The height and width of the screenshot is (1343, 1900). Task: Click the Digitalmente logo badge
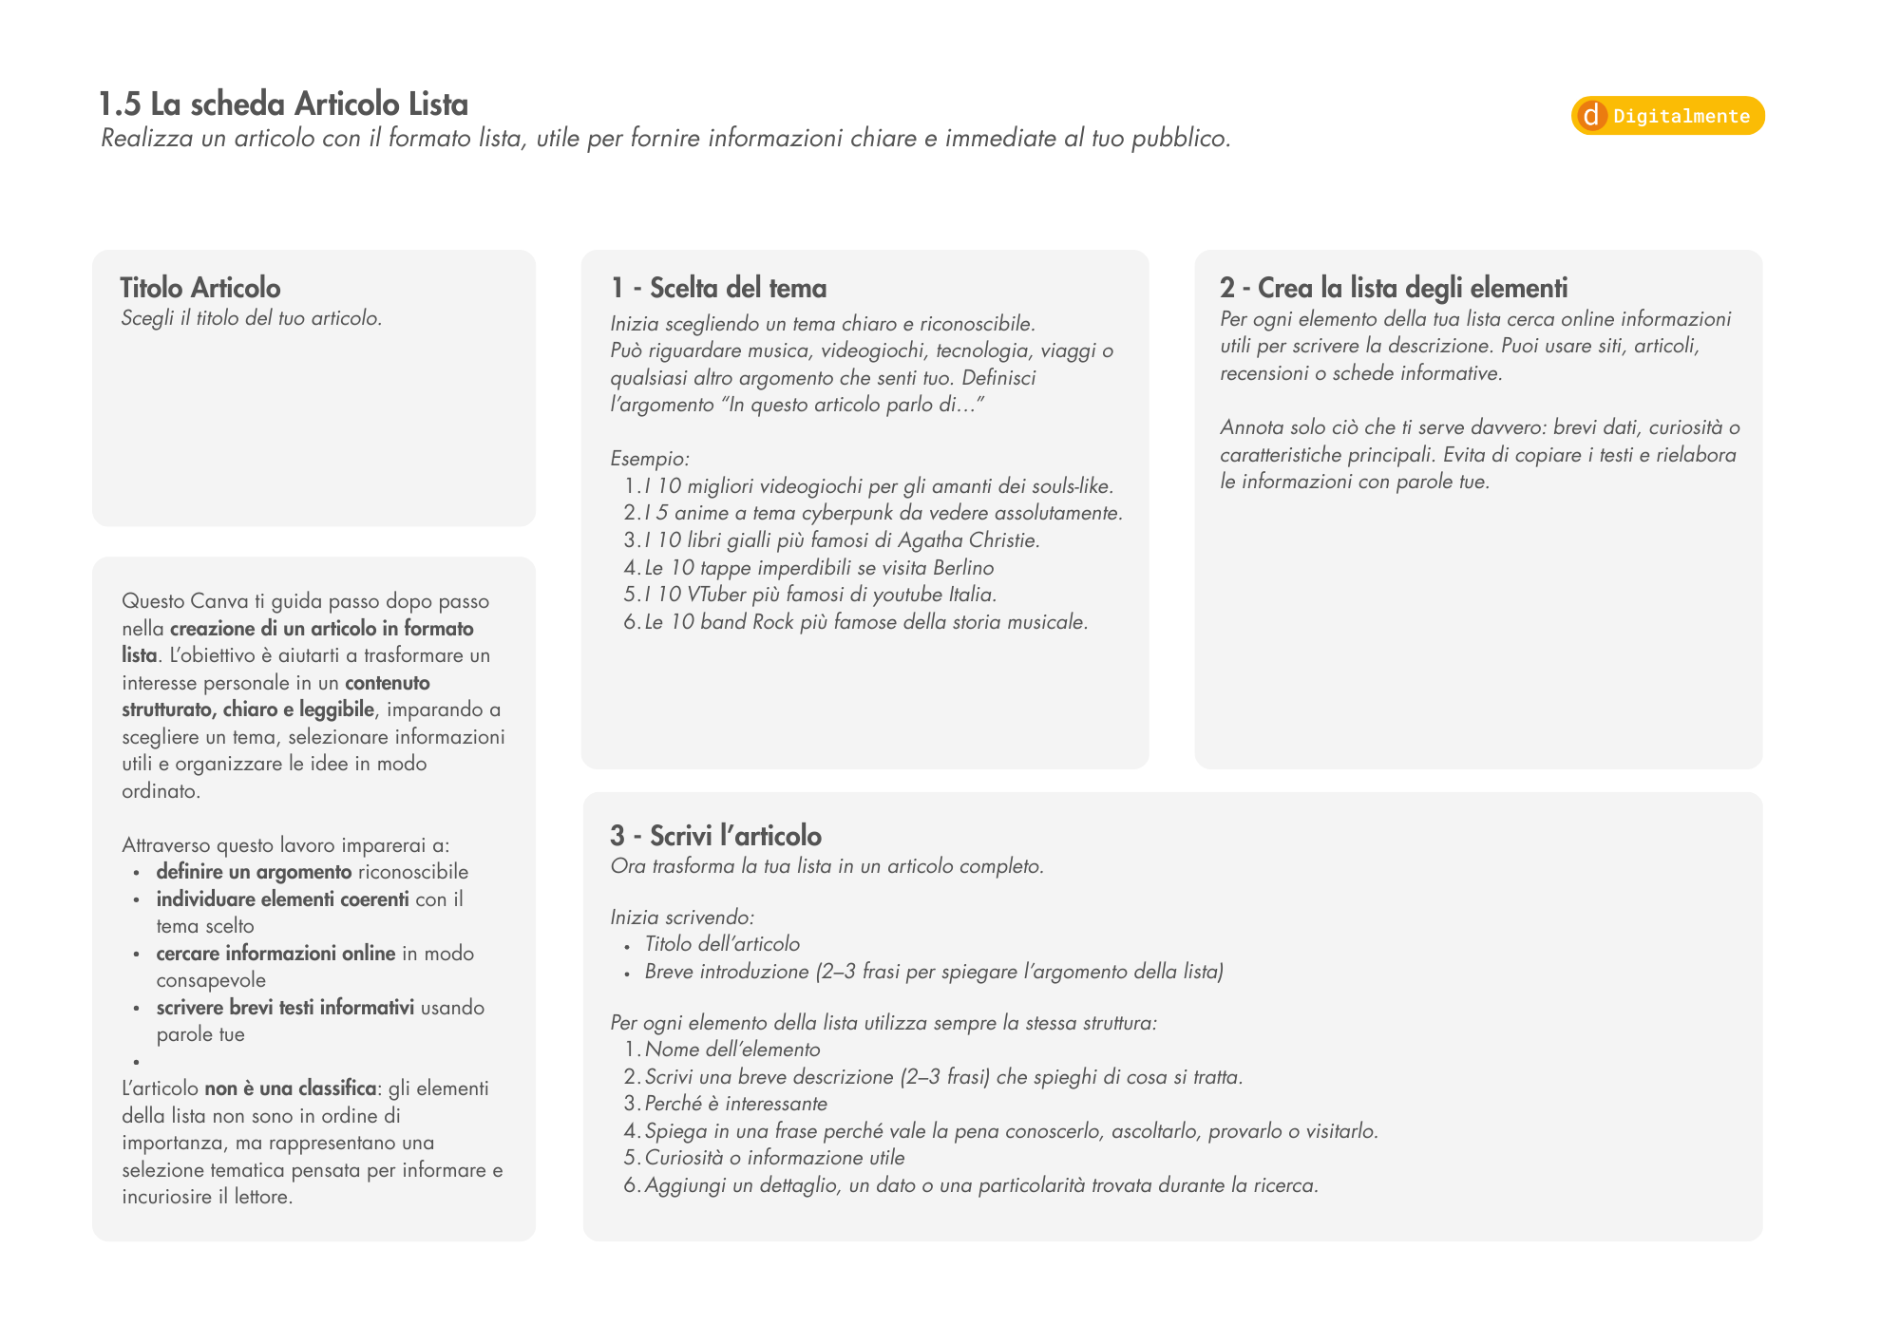point(1667,116)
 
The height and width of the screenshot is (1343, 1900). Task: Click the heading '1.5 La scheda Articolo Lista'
point(283,104)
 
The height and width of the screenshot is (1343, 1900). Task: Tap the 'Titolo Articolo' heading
point(200,288)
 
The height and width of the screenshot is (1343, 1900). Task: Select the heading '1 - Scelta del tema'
point(718,288)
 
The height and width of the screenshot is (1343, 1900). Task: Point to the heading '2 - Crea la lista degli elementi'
point(1394,288)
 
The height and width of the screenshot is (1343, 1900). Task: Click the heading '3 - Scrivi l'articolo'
point(715,836)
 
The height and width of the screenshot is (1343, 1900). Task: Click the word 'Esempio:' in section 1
point(650,459)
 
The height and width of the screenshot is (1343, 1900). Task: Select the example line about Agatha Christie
point(841,540)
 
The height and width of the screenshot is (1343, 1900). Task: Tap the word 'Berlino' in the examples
point(963,568)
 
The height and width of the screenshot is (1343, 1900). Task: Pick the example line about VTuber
point(819,595)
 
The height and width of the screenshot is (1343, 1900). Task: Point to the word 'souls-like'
point(1068,486)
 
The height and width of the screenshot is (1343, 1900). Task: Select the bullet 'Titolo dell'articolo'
point(722,944)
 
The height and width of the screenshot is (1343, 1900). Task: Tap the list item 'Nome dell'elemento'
point(731,1050)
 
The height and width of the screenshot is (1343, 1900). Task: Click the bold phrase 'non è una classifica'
point(290,1088)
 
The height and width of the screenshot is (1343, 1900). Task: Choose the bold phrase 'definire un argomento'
point(254,872)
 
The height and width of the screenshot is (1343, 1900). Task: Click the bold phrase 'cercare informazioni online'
point(275,954)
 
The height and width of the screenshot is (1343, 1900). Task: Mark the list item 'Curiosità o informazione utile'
point(774,1158)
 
